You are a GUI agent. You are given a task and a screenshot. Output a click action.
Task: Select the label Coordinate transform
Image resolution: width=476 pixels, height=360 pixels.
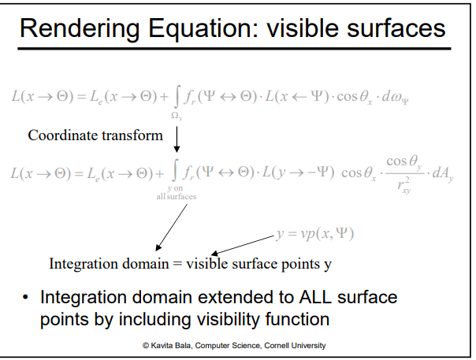click(95, 135)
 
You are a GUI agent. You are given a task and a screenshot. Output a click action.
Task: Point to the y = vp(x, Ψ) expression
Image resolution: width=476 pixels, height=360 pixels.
click(315, 234)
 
